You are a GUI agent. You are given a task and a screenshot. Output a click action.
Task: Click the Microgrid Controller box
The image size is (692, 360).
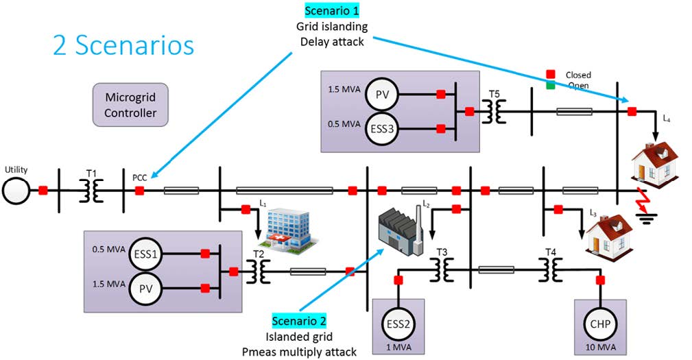coord(130,105)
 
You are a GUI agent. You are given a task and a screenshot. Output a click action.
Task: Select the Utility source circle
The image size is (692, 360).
coord(16,191)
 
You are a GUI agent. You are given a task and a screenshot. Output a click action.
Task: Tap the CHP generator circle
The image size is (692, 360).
coord(600,324)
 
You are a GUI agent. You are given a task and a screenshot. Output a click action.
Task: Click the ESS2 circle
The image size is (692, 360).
coord(398,324)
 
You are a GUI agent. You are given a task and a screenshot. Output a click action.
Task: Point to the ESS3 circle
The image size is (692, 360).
coord(382,130)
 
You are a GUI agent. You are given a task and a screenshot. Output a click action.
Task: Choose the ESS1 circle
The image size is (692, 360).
coord(145,254)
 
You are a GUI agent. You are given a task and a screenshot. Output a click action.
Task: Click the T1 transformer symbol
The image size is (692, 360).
coord(91,191)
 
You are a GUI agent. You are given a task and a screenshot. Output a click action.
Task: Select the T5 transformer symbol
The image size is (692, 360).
coord(494,112)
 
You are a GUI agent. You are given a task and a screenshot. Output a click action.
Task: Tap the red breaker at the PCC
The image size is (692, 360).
coord(139,191)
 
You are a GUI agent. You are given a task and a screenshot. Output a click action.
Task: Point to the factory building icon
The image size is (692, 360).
coord(401,229)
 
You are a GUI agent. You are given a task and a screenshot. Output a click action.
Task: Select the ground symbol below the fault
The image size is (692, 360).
coord(647,218)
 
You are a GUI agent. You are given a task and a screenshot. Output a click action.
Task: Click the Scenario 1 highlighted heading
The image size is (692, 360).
coord(332,10)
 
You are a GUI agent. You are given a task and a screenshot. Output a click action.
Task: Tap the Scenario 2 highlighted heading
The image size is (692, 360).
coord(299,321)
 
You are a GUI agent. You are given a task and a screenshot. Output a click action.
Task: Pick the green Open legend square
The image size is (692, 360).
coord(550,85)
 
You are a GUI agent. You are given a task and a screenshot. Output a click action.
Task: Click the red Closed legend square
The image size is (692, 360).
coord(550,74)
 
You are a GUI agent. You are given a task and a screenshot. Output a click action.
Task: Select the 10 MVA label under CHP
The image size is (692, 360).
coord(600,347)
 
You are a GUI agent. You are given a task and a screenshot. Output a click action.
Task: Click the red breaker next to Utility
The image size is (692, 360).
coord(43,191)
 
